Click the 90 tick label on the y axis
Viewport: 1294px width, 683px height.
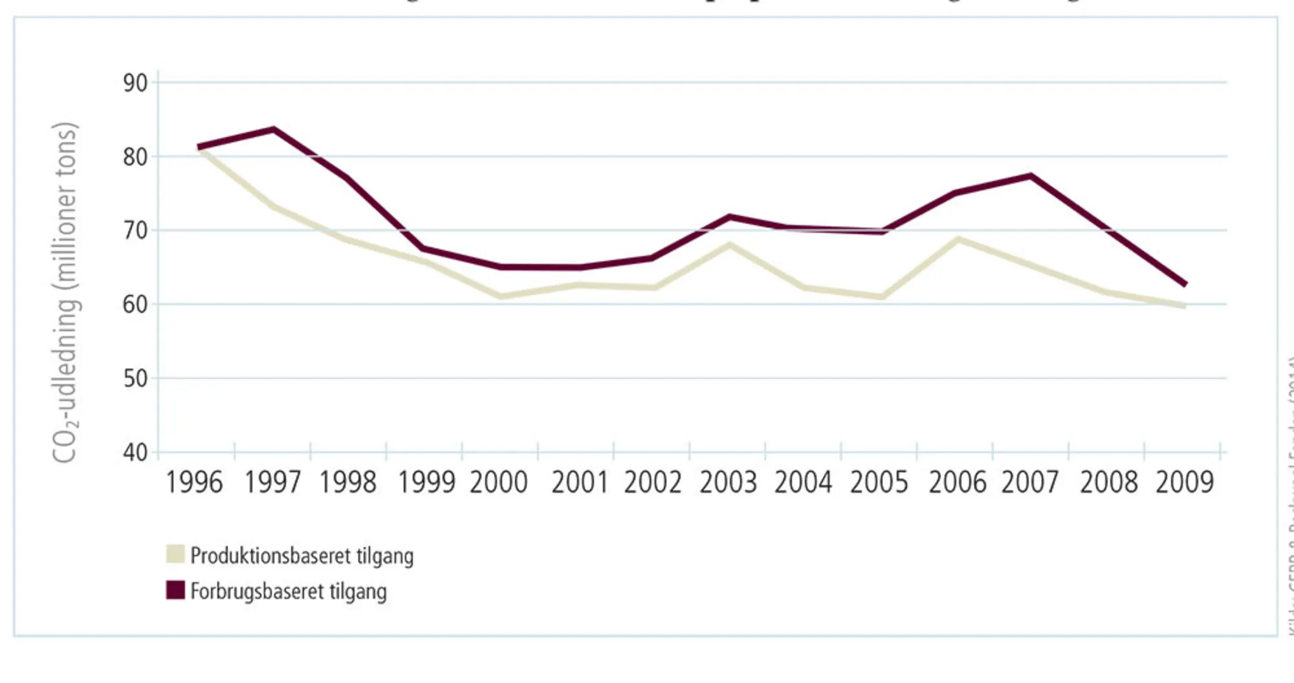[135, 83]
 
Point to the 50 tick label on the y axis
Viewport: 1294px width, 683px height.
[135, 378]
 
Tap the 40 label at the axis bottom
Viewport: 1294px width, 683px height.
[135, 452]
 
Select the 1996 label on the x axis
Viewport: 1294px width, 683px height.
[194, 482]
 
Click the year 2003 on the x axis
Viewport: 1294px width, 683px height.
[728, 482]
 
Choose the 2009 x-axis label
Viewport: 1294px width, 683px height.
[1185, 482]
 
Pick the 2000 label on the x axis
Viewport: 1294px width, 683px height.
[499, 482]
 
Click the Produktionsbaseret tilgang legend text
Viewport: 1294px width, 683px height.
[302, 556]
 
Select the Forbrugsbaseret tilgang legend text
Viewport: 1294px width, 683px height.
[289, 591]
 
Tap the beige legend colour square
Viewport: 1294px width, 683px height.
[175, 554]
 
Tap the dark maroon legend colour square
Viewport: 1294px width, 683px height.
[175, 590]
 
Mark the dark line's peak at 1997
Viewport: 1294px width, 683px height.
[274, 129]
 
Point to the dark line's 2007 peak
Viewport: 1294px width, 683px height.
[1030, 176]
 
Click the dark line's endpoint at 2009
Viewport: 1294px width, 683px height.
[1185, 283]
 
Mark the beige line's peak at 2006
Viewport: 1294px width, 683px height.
[958, 239]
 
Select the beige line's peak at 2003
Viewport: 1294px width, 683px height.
[729, 245]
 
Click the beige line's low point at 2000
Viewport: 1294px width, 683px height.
[501, 297]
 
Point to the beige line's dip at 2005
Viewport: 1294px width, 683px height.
[881, 297]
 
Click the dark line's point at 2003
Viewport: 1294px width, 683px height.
[729, 217]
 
